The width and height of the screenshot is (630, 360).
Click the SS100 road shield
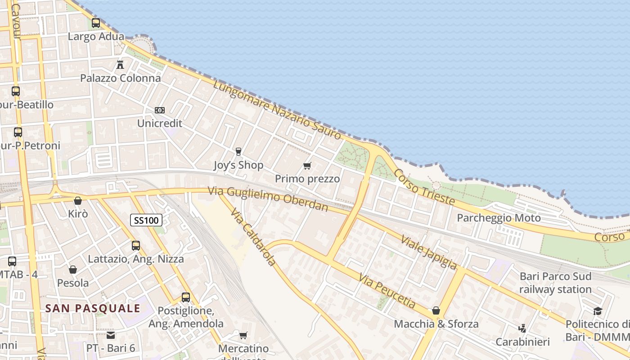[x=146, y=220]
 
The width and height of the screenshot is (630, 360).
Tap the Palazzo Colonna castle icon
[x=120, y=65]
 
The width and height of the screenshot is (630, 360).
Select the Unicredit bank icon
[x=160, y=110]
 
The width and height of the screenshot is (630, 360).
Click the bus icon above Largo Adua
[x=96, y=23]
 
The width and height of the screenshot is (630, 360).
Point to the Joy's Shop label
[x=238, y=165]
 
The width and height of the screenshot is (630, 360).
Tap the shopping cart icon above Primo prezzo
[x=307, y=166]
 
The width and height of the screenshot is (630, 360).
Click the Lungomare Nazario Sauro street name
[x=277, y=110]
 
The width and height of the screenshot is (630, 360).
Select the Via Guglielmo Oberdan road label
[x=268, y=198]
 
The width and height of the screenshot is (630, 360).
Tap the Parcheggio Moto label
[x=499, y=218]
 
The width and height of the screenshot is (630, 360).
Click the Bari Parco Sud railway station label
[x=555, y=283]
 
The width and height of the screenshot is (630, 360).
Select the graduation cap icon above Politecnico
[x=598, y=311]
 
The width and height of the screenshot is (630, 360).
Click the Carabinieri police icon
[x=522, y=328]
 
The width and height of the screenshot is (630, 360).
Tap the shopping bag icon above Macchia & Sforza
[x=436, y=310]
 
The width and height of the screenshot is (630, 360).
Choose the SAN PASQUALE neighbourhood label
[x=93, y=308]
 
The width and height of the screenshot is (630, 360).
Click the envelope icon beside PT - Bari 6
[x=111, y=335]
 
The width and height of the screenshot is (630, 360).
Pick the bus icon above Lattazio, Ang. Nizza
[x=136, y=246]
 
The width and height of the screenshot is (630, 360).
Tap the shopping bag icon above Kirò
[x=78, y=201]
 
